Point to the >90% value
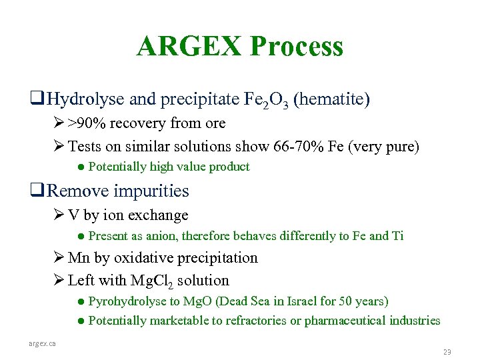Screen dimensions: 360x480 click(x=89, y=123)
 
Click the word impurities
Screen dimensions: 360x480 click(x=151, y=191)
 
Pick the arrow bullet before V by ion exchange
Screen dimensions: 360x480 click(x=58, y=215)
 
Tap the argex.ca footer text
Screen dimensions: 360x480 click(x=42, y=343)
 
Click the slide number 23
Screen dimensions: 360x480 click(x=447, y=351)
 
